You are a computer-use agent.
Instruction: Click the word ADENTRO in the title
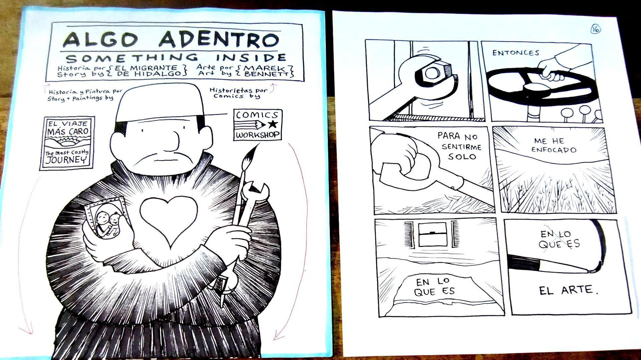pyautogui.click(x=219, y=40)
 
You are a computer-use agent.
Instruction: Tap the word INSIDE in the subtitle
pyautogui.click(x=251, y=57)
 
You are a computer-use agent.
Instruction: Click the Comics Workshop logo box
pyautogui.click(x=257, y=125)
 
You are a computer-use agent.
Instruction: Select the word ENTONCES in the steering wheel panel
pyautogui.click(x=516, y=53)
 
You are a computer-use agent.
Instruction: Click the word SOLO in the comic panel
pyautogui.click(x=462, y=156)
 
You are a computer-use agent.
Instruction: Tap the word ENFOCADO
pyautogui.click(x=554, y=150)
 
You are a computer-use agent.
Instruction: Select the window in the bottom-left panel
pyautogui.click(x=432, y=235)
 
